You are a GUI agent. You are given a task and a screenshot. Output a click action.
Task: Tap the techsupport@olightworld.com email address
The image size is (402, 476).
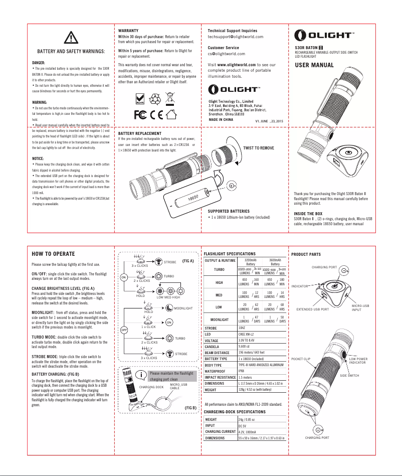pos(235,37)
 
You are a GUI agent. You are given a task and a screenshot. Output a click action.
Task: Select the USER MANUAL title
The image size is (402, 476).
pos(315,66)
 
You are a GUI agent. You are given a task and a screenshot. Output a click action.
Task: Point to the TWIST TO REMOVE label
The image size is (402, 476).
pos(258,148)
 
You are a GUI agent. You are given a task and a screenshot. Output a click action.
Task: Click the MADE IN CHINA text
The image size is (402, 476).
pos(221,120)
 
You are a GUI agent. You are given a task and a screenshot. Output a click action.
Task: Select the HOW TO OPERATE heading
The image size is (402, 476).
pos(53,253)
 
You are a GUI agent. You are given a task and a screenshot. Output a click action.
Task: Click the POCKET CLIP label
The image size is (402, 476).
pos(301,360)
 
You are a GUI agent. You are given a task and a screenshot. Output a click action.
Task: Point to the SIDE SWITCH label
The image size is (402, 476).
pos(350,375)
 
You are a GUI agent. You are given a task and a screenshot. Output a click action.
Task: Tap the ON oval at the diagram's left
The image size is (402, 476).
pos(123,277)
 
